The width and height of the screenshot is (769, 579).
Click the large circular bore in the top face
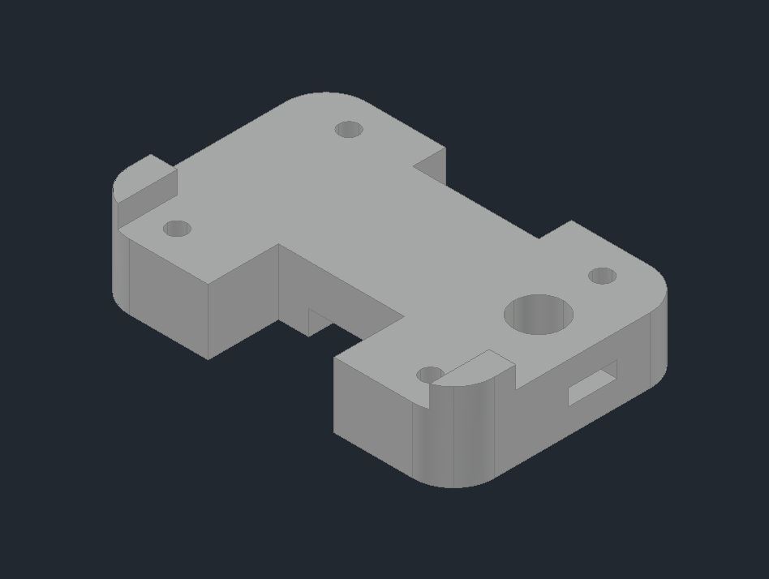(539, 314)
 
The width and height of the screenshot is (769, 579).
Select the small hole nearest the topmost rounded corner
(348, 129)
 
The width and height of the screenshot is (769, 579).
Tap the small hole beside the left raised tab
(177, 229)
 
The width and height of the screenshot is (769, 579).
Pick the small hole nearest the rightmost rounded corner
(602, 276)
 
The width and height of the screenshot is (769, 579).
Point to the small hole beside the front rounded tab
(430, 375)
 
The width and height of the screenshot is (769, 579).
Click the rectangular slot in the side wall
(592, 383)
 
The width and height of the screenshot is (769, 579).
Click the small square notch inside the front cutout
(318, 320)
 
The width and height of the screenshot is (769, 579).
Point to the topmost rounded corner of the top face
(324, 99)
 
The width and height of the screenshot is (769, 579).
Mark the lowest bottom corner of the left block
(208, 358)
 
